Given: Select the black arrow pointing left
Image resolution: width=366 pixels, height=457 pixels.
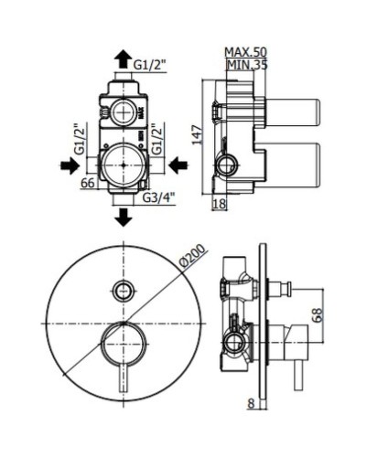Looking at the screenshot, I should [178, 165].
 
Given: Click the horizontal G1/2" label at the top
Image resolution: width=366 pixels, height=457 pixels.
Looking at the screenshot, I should [149, 64].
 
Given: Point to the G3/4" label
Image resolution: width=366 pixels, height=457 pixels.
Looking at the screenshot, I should [158, 197].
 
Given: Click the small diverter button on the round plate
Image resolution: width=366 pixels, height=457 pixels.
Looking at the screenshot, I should [123, 292].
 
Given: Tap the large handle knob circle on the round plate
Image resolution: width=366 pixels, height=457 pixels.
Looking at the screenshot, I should [123, 345].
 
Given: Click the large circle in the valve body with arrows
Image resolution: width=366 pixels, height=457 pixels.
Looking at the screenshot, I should [123, 165].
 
